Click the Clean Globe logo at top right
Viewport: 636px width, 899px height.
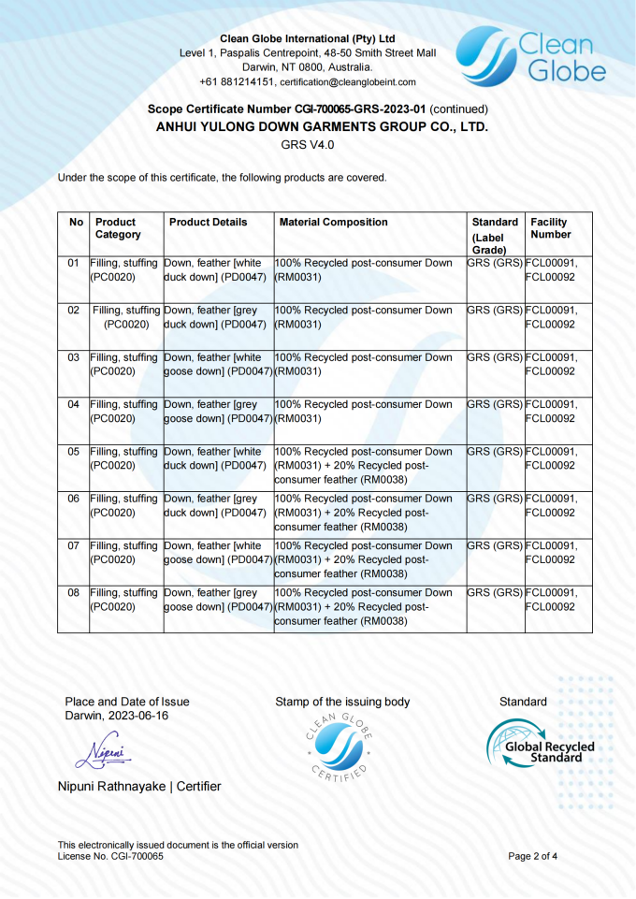530,57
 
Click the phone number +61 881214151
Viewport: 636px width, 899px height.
237,82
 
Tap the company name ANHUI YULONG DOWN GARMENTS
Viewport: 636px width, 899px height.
322,126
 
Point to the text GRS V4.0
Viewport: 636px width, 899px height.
308,145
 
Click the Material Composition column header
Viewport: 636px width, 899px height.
333,223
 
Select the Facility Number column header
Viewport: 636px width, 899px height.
550,228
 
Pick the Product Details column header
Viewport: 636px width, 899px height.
209,223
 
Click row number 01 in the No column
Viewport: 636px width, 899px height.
73,264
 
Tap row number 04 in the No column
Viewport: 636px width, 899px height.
73,405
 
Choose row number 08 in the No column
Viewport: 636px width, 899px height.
73,593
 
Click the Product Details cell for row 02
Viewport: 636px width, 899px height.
216,317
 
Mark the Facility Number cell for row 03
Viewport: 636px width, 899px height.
552,364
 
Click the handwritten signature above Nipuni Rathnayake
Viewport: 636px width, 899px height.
103,750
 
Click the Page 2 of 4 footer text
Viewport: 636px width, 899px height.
533,856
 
